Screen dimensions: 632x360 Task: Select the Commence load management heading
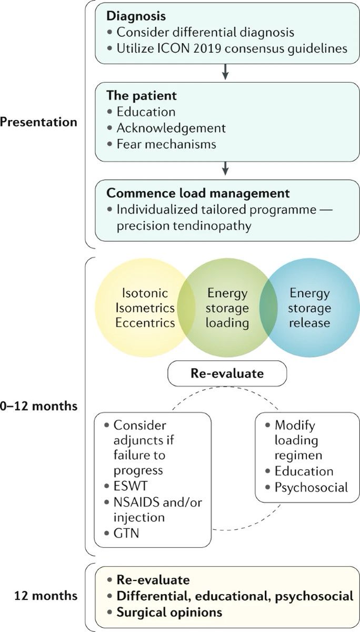click(x=198, y=193)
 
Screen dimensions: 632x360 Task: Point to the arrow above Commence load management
click(x=225, y=167)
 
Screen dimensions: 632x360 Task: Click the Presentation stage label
click(x=39, y=122)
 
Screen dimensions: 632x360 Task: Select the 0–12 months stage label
click(x=39, y=406)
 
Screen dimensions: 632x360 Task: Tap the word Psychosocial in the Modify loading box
click(x=311, y=487)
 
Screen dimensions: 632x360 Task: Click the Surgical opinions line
click(x=169, y=613)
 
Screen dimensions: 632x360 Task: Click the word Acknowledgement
click(x=171, y=128)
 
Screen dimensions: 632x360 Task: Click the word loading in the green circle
click(x=227, y=322)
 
